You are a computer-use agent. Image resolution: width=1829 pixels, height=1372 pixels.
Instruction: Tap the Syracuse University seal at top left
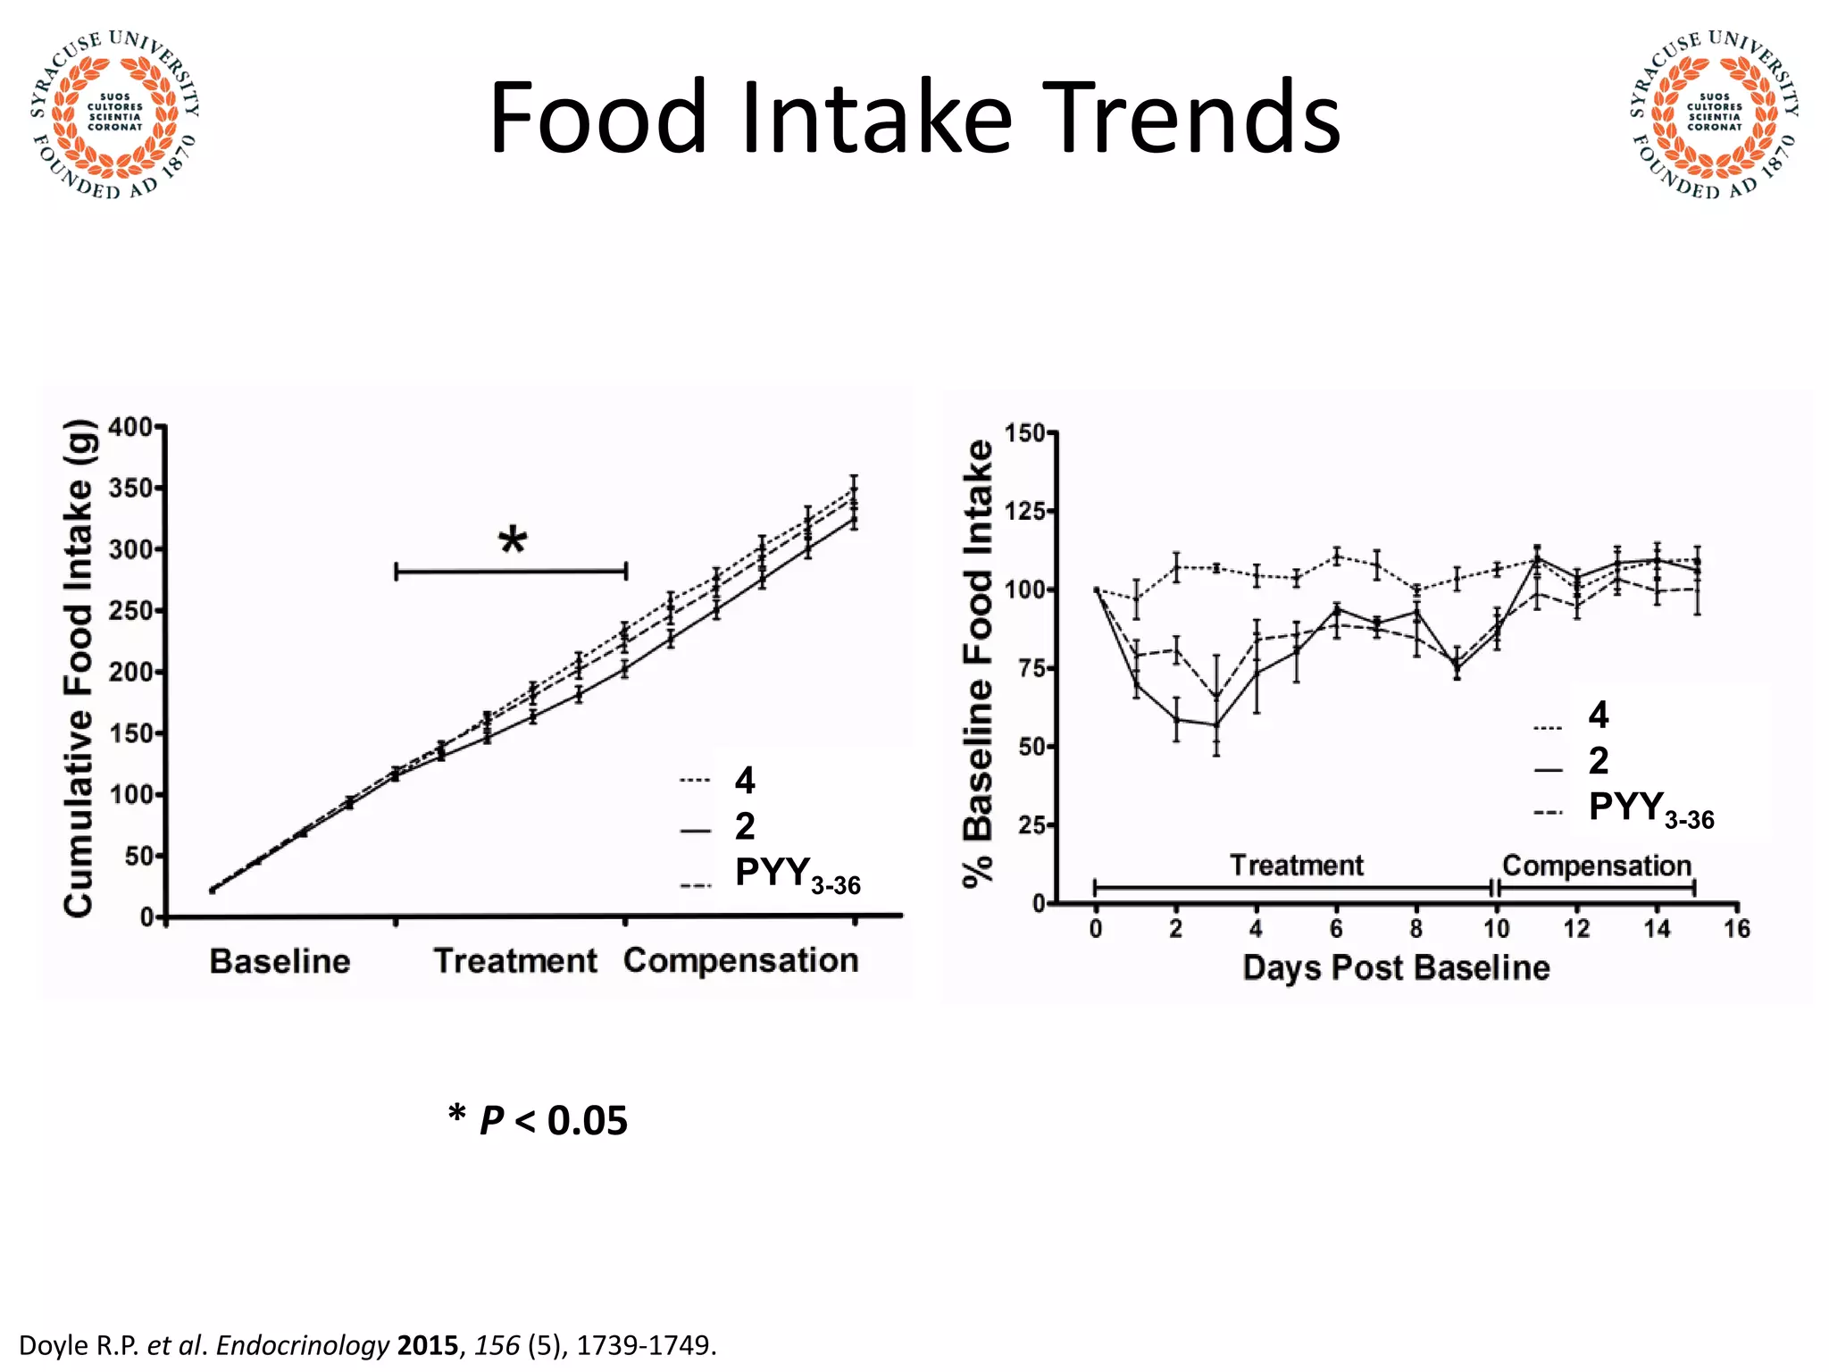click(x=114, y=114)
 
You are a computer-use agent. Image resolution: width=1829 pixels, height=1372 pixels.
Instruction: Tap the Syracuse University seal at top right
click(x=1714, y=114)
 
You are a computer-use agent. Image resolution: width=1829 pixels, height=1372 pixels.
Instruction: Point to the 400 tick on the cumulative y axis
click(x=130, y=428)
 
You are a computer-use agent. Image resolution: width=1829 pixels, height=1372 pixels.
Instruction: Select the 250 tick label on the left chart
click(x=130, y=611)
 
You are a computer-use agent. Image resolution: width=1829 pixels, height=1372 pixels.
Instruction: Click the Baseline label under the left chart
click(x=280, y=962)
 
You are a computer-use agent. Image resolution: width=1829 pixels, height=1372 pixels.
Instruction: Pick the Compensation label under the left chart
click(x=740, y=961)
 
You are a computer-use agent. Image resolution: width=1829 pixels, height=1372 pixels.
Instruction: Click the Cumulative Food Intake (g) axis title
click(x=79, y=668)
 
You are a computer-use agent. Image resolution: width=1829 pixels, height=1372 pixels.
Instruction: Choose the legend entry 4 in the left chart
click(x=744, y=781)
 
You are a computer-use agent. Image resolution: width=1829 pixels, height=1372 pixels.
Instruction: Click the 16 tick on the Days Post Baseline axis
click(x=1736, y=929)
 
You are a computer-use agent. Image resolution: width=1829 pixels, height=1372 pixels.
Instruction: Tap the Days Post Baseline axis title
click(x=1396, y=968)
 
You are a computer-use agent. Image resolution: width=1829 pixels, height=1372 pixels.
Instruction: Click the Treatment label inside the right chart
click(x=1296, y=866)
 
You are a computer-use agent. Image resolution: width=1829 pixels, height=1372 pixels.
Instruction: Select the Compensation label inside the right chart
click(x=1597, y=866)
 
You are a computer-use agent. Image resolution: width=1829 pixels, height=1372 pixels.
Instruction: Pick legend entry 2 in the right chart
click(x=1599, y=761)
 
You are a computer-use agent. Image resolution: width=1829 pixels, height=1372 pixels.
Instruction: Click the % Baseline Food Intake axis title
click(x=979, y=664)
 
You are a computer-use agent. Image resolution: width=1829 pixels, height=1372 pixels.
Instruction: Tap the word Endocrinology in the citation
click(x=303, y=1345)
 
